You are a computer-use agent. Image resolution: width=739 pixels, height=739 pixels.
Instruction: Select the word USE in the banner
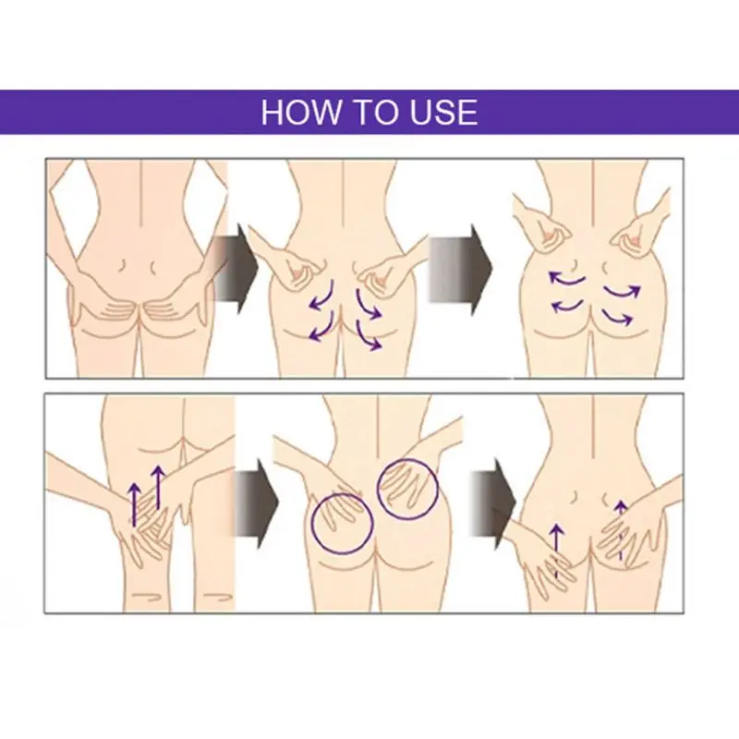(442, 112)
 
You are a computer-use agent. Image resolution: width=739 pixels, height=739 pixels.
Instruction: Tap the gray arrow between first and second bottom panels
(256, 499)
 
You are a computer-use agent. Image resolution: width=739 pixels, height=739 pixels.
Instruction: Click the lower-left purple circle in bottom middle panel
(343, 522)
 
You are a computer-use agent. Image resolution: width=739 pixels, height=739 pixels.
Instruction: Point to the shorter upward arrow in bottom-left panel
(135, 504)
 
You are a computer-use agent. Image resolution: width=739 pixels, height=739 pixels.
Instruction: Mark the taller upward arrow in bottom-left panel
(158, 488)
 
